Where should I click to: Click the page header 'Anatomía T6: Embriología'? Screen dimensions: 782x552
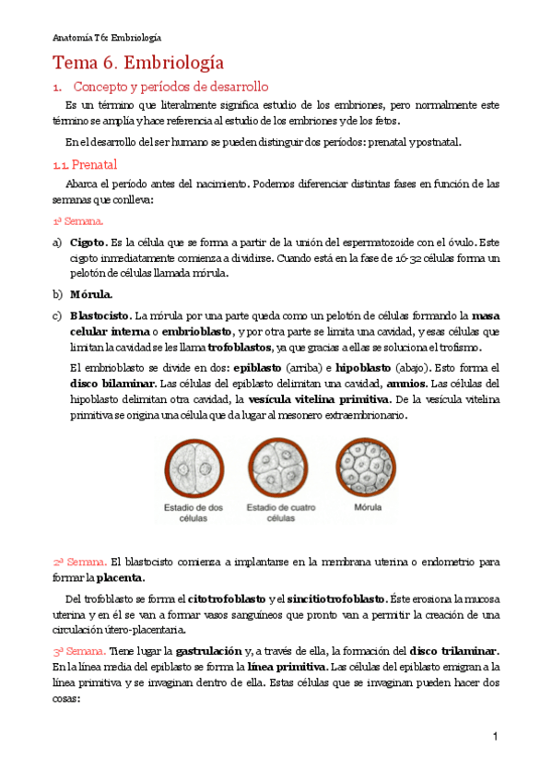pyautogui.click(x=106, y=37)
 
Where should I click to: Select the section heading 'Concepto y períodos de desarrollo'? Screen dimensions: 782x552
pyautogui.click(x=170, y=87)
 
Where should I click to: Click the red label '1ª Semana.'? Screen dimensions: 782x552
pyautogui.click(x=77, y=221)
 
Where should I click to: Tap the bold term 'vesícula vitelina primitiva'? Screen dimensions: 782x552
pyautogui.click(x=318, y=399)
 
